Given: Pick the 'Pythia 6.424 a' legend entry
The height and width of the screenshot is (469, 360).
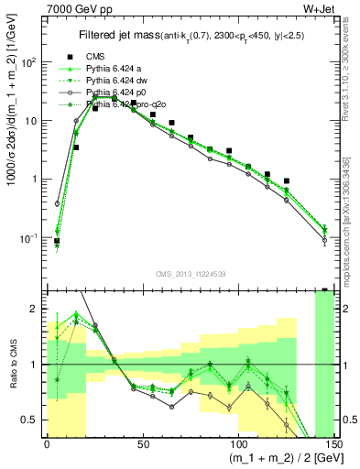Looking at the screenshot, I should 117,69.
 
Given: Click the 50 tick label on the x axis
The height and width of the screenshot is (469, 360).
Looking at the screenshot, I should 143,444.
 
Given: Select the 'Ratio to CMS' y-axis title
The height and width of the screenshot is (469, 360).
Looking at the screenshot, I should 12,363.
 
